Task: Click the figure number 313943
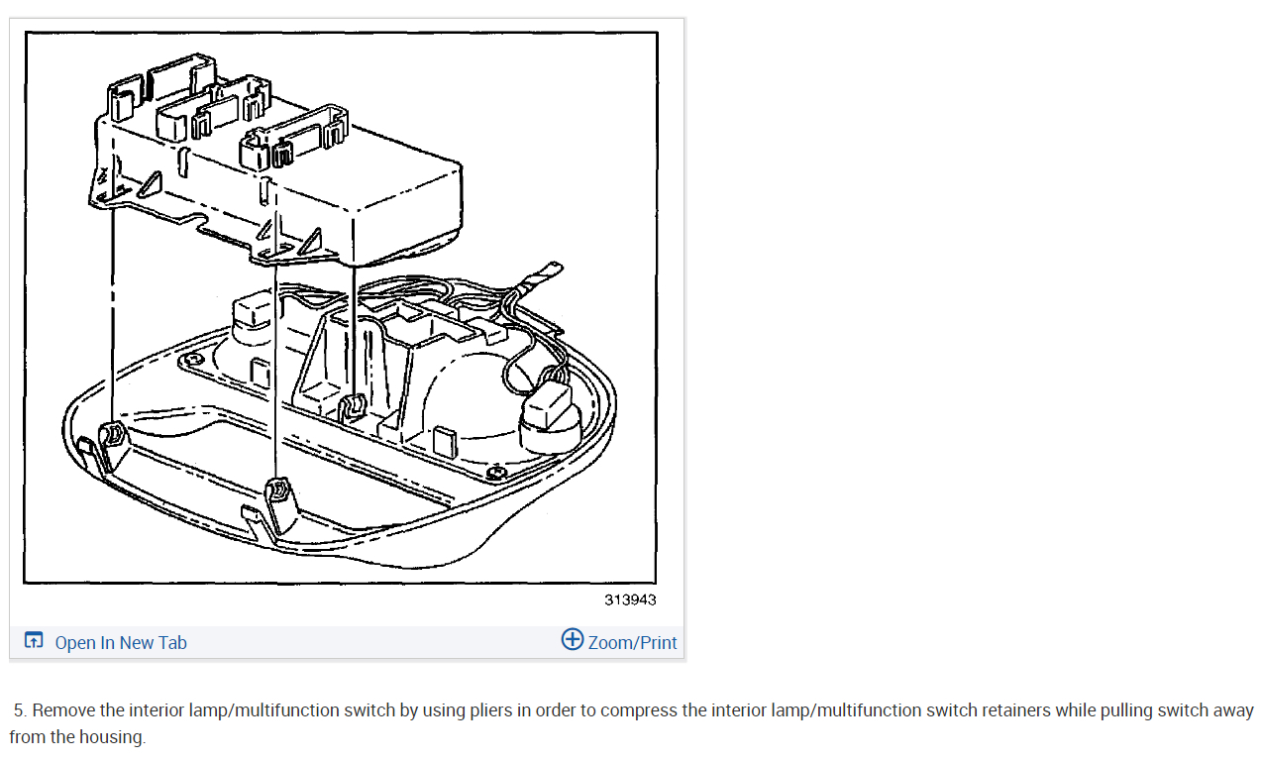[630, 599]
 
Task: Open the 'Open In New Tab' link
[120, 643]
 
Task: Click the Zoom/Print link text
[632, 643]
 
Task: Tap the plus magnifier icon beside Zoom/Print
[572, 639]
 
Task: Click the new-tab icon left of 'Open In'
[34, 641]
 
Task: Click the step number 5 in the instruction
[19, 710]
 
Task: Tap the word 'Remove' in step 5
[62, 710]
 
